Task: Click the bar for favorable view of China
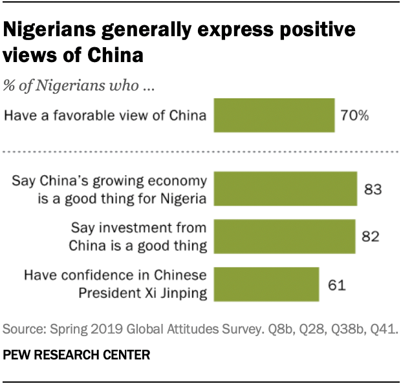[x=274, y=116]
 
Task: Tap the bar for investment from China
[x=285, y=236]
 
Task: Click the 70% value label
[x=355, y=116]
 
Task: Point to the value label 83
[x=374, y=190]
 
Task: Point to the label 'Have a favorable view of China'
[x=105, y=116]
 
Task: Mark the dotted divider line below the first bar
[x=200, y=153]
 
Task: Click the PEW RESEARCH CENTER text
[x=77, y=355]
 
